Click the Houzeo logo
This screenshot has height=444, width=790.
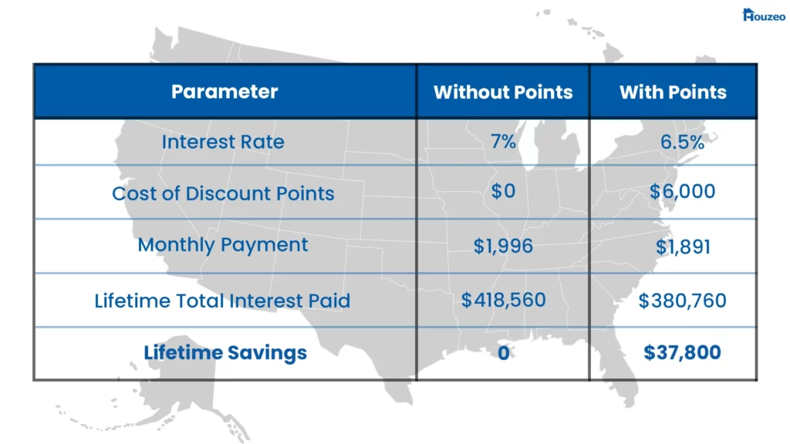click(x=764, y=15)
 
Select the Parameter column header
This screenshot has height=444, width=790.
click(x=225, y=92)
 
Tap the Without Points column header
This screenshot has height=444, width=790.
click(x=503, y=92)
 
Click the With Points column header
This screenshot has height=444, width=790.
click(x=673, y=92)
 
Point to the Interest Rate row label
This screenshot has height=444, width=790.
click(x=223, y=142)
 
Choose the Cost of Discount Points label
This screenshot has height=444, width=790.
click(x=223, y=193)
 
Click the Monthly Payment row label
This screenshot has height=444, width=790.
click(x=223, y=245)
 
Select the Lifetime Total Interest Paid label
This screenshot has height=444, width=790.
click(x=222, y=301)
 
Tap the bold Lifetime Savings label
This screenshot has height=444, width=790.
click(x=225, y=353)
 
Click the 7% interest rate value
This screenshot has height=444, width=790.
click(x=503, y=142)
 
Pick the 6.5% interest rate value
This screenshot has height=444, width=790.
click(x=682, y=143)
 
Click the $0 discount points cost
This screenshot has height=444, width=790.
click(x=503, y=191)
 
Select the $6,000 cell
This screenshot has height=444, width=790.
click(x=682, y=191)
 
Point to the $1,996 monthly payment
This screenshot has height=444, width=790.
click(x=503, y=246)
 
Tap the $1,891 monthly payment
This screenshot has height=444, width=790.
click(x=683, y=247)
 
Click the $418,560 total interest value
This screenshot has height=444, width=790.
click(x=503, y=300)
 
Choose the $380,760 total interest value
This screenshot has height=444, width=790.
click(x=682, y=301)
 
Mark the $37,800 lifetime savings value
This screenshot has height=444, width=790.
click(x=682, y=352)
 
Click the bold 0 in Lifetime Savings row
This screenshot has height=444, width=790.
click(x=503, y=353)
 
